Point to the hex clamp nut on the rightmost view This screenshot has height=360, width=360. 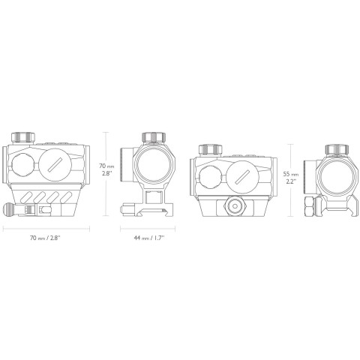tap(308, 205)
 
